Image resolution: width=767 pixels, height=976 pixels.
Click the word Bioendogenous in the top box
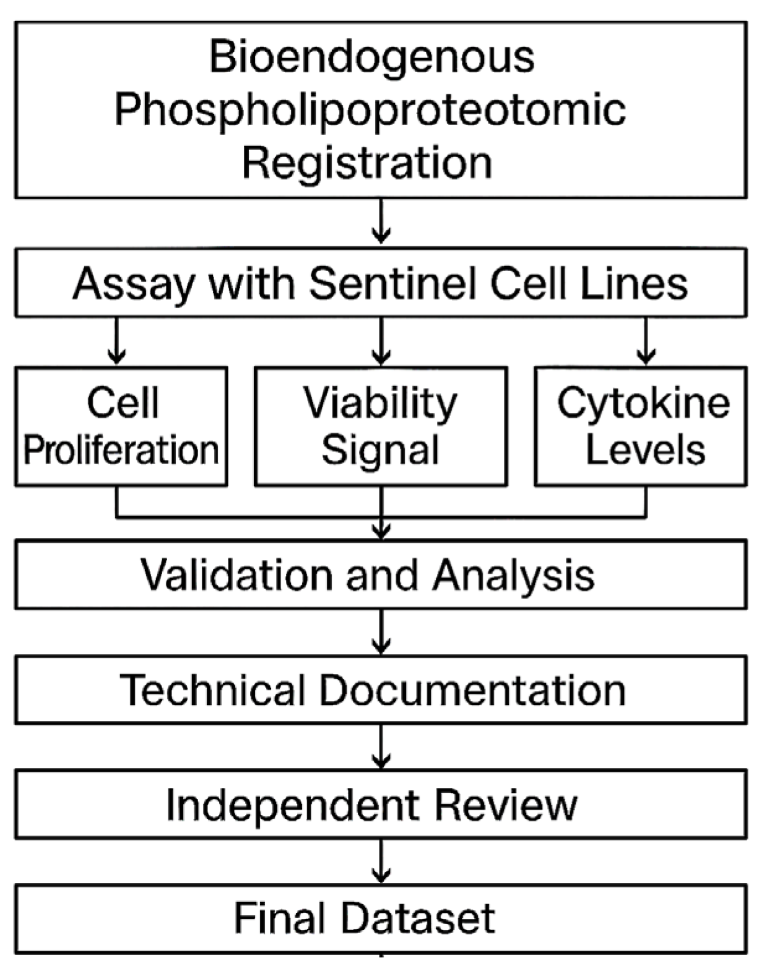coord(371,57)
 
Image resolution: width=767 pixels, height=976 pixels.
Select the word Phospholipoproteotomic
coord(370,110)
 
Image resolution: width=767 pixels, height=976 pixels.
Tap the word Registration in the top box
coord(366,163)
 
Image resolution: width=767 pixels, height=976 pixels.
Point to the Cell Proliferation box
coord(121,426)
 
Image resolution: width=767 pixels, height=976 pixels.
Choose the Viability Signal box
coord(381,426)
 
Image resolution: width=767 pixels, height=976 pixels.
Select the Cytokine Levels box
coord(641,426)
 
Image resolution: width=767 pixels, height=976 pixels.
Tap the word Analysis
coord(513,575)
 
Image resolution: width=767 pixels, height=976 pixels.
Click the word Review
coord(505,805)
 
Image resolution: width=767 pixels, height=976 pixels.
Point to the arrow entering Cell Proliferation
coord(116,342)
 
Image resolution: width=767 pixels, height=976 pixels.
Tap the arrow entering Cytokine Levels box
coord(646,342)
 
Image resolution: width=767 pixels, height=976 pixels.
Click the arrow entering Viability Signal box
coord(381,342)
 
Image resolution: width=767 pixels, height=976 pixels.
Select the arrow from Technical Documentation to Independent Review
coord(381,747)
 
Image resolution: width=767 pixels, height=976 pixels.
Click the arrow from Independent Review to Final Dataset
coord(381,862)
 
